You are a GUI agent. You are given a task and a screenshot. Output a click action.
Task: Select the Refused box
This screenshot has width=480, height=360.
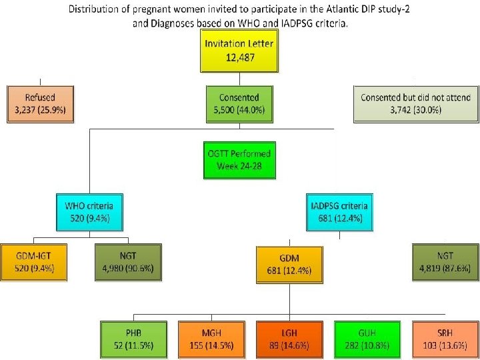[41, 103]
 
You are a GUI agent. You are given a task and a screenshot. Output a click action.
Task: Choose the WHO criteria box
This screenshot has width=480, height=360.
[93, 211]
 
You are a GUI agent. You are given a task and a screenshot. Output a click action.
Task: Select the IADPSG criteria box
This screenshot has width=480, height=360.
[339, 211]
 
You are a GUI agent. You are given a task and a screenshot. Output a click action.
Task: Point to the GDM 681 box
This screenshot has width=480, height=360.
[287, 264]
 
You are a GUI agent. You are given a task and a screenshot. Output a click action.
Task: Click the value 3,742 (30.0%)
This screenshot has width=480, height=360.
[415, 110]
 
